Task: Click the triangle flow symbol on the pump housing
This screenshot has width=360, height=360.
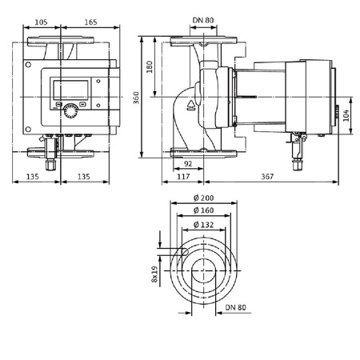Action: click(192, 103)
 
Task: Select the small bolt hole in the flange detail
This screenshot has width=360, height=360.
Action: click(183, 253)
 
